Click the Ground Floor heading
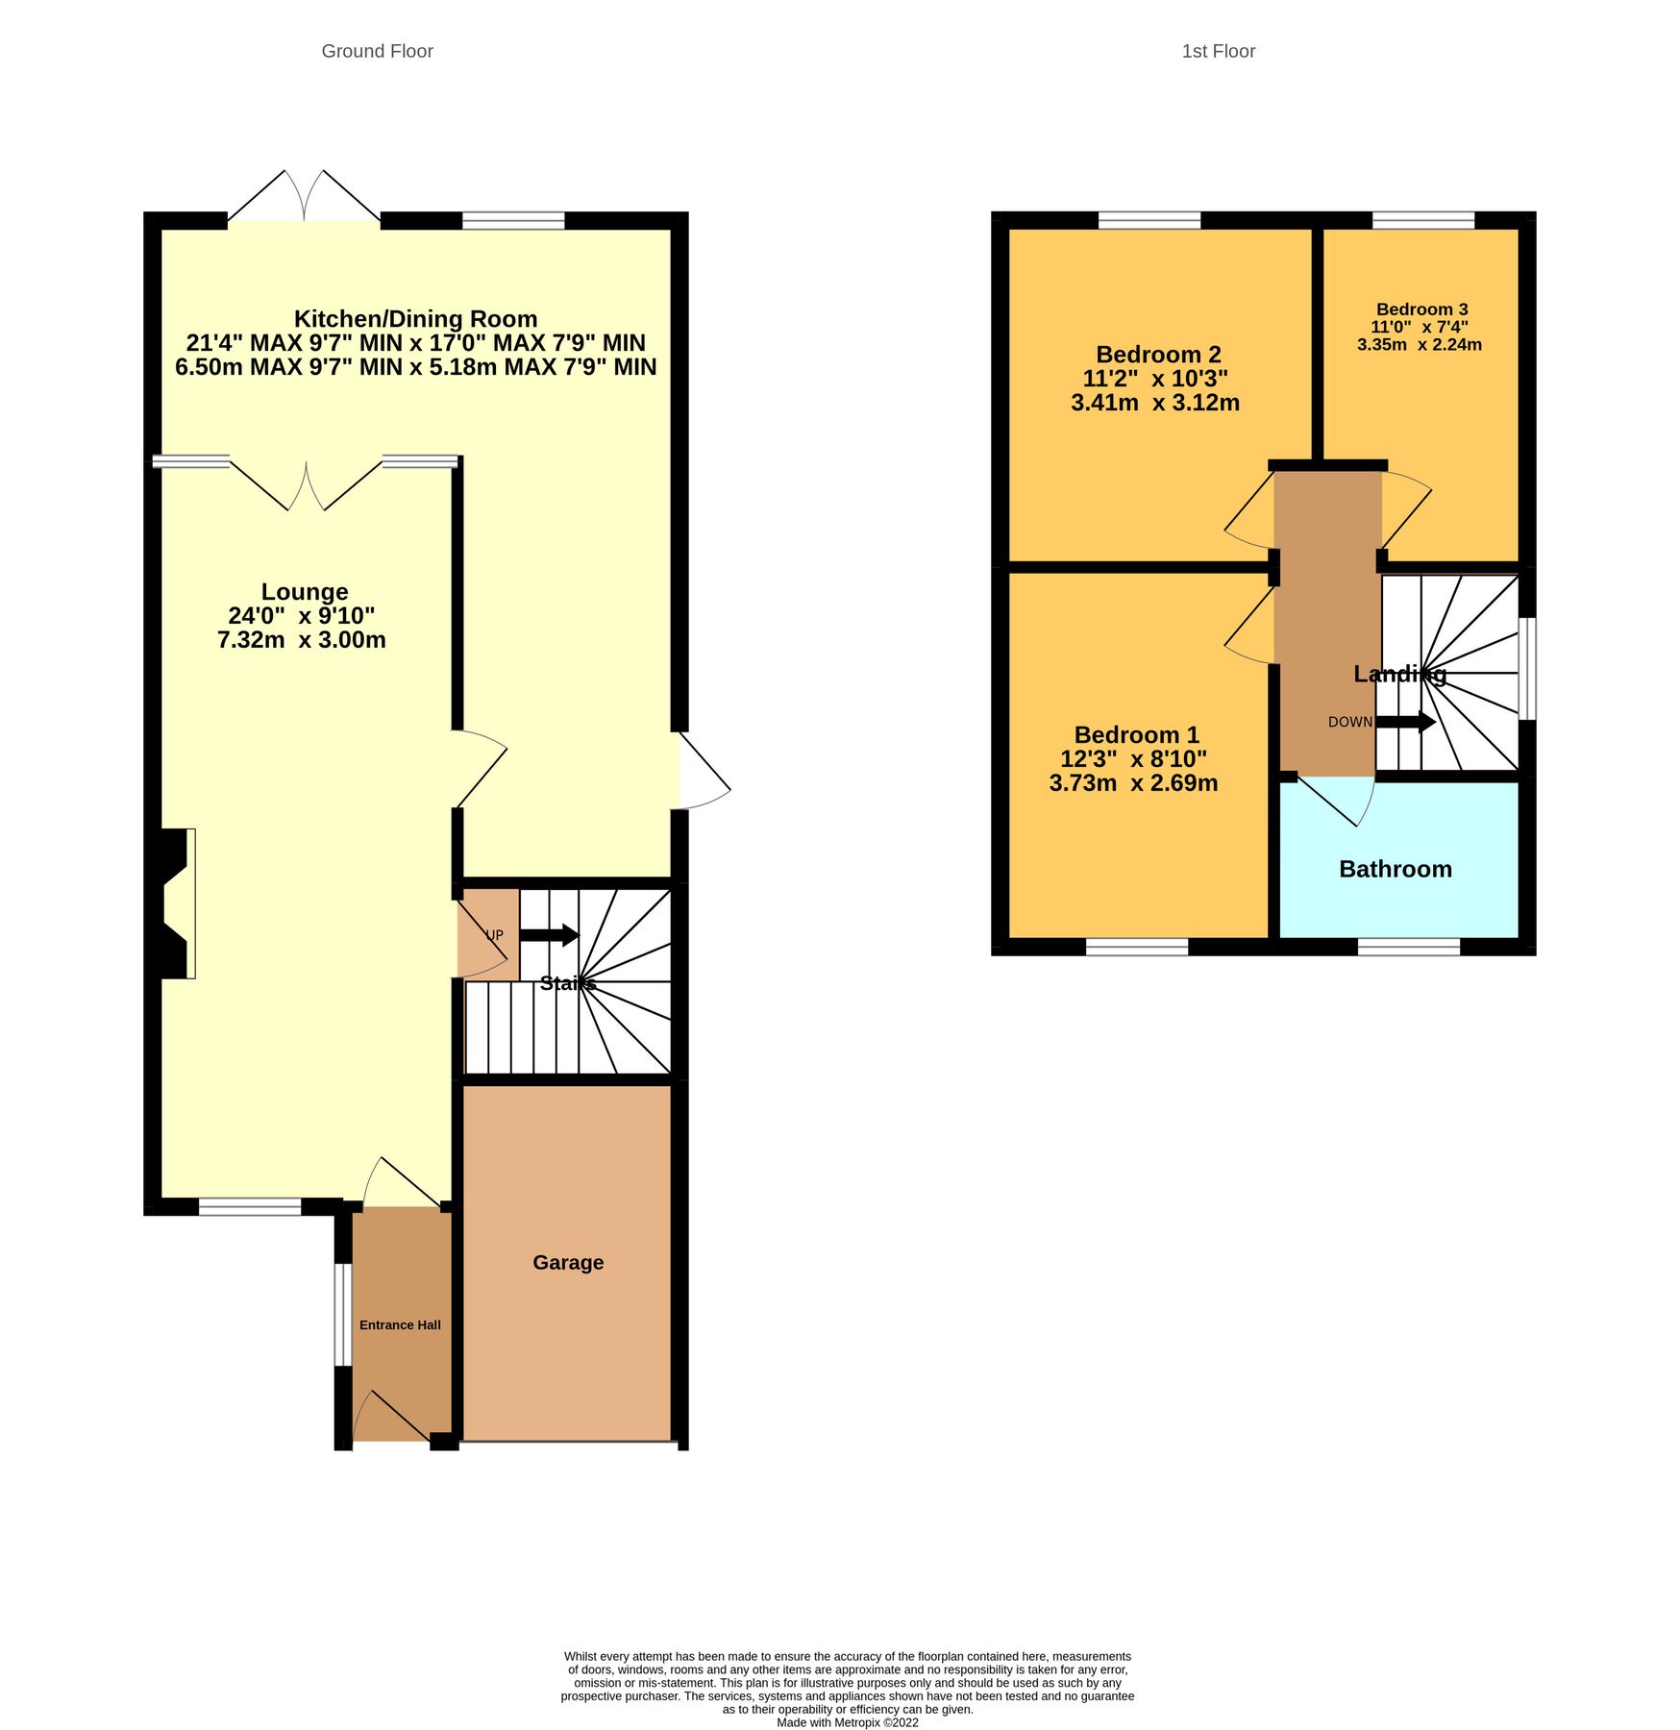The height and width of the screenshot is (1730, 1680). pos(377,51)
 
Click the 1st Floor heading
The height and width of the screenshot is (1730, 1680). pos(1218,51)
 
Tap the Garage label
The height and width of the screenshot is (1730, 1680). pos(568,1262)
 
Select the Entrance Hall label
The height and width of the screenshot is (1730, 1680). pos(400,1324)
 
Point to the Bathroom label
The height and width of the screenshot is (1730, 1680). pos(1395,869)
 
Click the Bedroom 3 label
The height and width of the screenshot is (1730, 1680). pos(1421,309)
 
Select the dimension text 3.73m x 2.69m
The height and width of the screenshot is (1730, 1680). pos(1133,783)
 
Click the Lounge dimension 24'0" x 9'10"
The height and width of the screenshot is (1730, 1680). pos(302,616)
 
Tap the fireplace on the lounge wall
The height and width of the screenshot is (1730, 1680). pos(176,903)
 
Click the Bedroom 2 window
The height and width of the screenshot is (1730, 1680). pos(1149,220)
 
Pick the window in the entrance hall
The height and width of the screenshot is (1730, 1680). pos(342,1314)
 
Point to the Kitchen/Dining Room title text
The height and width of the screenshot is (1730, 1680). pos(415,319)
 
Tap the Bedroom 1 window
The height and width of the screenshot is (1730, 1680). pos(1137,947)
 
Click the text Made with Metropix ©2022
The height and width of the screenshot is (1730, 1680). pos(847,1722)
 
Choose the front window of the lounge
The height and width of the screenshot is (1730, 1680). pos(250,1206)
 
